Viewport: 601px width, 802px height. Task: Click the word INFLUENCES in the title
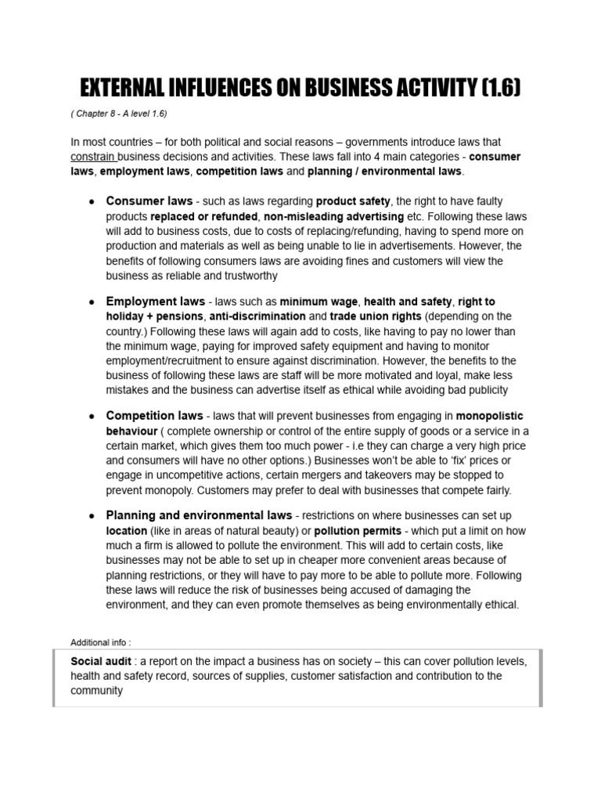[x=228, y=89]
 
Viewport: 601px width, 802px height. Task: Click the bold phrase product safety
[x=353, y=201]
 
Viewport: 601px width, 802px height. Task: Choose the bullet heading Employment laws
[x=156, y=302]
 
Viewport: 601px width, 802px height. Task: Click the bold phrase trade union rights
[x=377, y=316]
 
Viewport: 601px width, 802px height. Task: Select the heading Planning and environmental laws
[x=200, y=515]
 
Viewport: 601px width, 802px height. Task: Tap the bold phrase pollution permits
[x=357, y=530]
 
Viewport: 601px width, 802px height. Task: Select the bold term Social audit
[x=100, y=661]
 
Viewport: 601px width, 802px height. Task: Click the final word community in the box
[x=97, y=691]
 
